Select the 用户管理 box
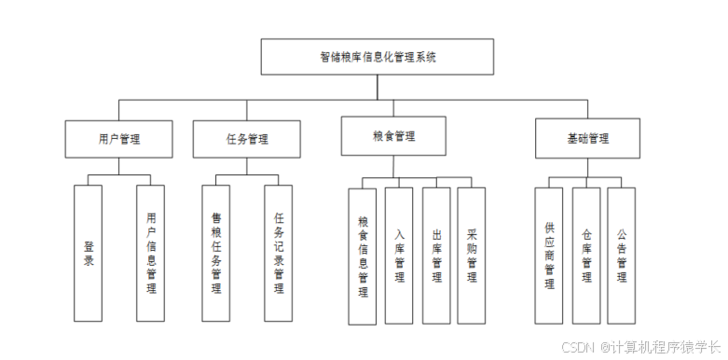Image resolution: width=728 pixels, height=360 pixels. point(119,139)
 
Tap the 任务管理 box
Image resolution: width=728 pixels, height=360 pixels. point(247,139)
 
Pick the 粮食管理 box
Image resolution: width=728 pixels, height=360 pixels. point(392,135)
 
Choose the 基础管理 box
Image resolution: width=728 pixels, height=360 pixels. point(587,139)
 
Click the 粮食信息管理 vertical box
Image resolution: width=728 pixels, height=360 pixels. point(363,256)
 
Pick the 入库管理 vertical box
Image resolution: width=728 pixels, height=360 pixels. point(399,256)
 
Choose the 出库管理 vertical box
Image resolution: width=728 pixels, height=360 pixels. point(436,256)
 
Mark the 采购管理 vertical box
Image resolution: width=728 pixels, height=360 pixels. point(472,256)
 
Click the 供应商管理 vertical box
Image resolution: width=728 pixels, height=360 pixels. point(549,256)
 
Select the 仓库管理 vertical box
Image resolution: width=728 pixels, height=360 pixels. point(585,256)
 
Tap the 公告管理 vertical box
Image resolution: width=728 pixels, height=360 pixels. point(621,256)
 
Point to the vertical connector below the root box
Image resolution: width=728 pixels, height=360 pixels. point(378,87)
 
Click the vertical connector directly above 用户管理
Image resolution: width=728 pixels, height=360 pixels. point(119,110)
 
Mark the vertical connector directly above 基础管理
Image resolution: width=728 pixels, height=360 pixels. point(587,110)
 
